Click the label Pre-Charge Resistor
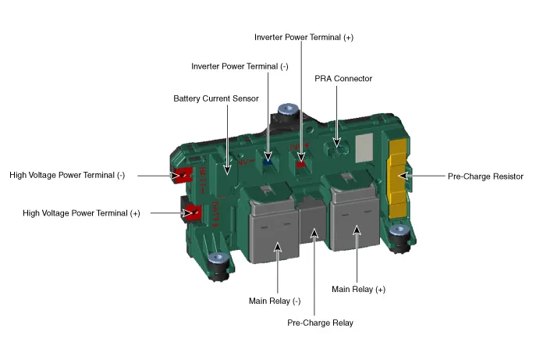[485, 176]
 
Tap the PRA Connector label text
[343, 79]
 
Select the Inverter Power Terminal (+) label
[298, 37]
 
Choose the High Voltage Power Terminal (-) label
[67, 176]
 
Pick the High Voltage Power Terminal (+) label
[81, 212]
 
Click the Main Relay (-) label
[275, 301]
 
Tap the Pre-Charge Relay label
[321, 323]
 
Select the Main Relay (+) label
[358, 289]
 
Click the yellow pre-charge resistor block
[399, 176]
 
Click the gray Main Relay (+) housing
[356, 223]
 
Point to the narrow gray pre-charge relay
[313, 227]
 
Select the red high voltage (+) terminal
[192, 211]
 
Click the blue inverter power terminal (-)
[268, 158]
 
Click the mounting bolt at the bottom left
[218, 259]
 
